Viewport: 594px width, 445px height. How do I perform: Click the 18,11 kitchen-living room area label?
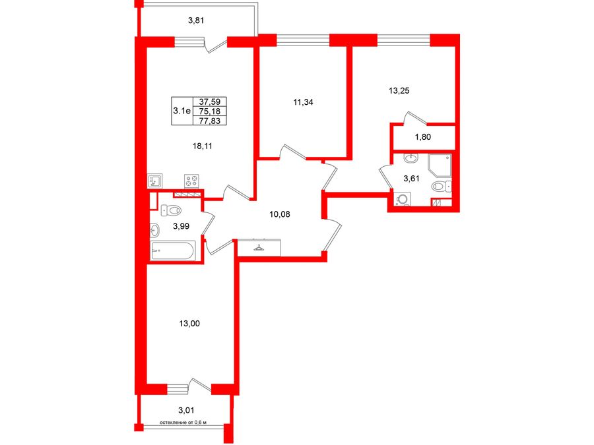click(203, 146)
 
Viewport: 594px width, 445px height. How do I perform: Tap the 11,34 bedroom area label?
click(303, 102)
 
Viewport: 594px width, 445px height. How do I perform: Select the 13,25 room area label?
click(399, 91)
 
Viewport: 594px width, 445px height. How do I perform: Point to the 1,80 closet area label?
click(423, 137)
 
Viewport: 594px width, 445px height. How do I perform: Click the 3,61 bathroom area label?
click(411, 179)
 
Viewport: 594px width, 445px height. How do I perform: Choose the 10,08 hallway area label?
click(280, 214)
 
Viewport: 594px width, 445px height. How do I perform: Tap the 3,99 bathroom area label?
click(181, 226)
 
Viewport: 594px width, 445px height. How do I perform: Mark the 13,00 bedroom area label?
click(189, 324)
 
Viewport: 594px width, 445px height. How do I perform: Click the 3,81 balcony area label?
click(196, 20)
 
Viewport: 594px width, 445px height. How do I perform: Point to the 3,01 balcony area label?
click(186, 410)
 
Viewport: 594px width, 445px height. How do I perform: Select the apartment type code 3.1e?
click(181, 111)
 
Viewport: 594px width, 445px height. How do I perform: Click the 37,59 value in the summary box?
click(210, 102)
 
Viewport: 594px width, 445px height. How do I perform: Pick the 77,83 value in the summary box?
click(210, 121)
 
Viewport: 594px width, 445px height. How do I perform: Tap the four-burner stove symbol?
click(191, 181)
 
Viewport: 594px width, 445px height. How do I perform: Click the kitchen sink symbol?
click(154, 181)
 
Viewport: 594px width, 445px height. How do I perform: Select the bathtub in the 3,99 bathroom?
click(173, 251)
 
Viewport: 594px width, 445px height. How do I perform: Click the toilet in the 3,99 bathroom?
click(171, 210)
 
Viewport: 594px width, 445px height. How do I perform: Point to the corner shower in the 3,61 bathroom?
click(440, 165)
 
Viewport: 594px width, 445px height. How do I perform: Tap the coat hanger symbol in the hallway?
click(259, 247)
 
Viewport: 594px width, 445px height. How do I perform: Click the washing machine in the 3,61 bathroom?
click(403, 199)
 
